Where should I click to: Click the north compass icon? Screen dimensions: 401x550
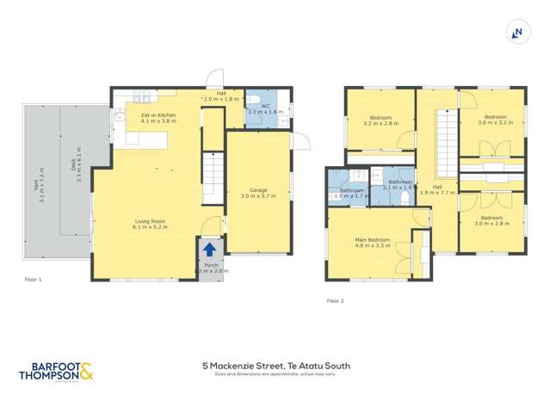[517, 32]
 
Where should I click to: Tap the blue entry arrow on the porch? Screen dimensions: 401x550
[209, 250]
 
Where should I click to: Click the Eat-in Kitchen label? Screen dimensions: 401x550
[152, 118]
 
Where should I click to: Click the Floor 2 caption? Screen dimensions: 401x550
[335, 301]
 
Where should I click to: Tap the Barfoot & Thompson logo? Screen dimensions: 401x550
[57, 372]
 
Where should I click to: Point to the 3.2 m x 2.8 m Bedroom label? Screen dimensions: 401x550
[380, 120]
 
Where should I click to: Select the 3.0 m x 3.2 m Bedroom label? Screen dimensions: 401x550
[495, 120]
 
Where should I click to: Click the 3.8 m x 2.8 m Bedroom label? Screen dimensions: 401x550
[491, 221]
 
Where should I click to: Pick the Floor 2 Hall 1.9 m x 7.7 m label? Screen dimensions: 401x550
[437, 189]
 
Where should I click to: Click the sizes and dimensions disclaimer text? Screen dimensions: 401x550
[269, 374]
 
